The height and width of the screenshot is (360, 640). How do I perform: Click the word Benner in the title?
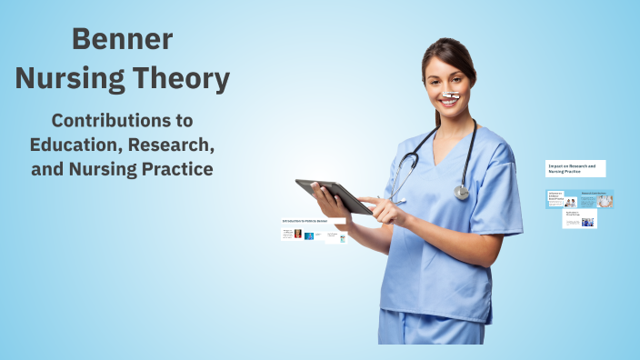pos(122,39)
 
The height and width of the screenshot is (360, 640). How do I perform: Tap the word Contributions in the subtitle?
pos(122,120)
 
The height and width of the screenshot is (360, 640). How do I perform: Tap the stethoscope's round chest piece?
pos(462,192)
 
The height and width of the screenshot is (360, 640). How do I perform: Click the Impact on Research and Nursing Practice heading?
pos(575,169)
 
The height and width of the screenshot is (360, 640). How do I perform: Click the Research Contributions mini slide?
pos(597,199)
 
